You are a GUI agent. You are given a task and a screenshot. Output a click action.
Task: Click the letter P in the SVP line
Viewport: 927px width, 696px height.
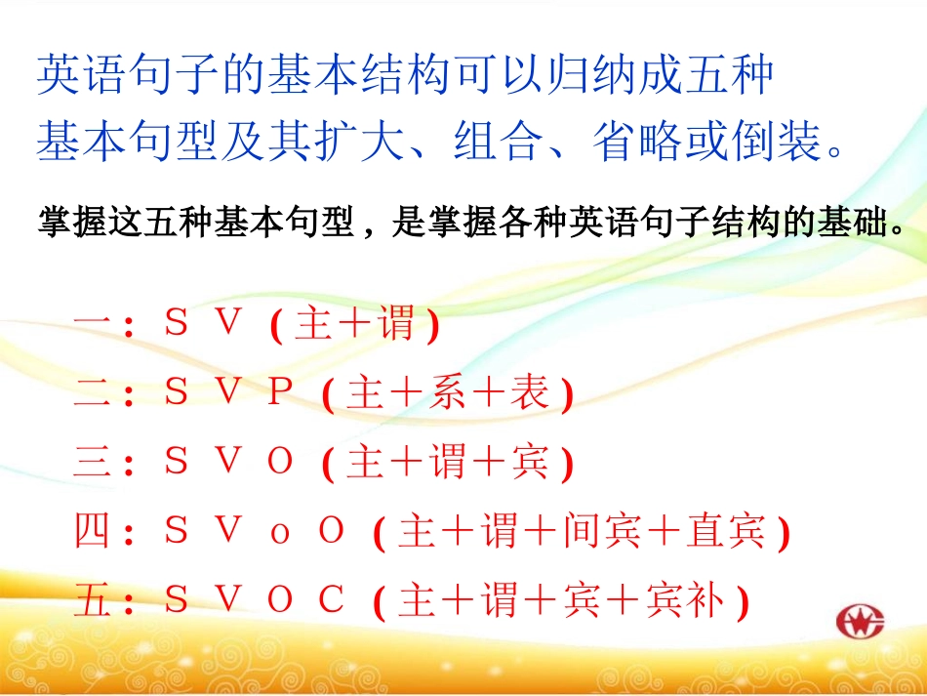(280, 392)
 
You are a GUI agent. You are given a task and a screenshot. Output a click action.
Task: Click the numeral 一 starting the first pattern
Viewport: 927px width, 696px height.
(95, 324)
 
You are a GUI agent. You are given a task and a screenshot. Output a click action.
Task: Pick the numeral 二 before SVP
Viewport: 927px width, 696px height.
(95, 393)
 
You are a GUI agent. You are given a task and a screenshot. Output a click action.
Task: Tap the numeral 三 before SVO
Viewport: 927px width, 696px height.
(95, 463)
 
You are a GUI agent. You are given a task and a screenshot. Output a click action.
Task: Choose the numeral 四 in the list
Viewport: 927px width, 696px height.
(95, 533)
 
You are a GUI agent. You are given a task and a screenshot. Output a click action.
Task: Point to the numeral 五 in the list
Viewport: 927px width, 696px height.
(95, 602)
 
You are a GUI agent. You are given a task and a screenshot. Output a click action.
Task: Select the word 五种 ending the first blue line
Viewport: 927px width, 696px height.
(735, 76)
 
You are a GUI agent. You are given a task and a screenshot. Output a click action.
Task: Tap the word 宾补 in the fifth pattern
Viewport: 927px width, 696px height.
(685, 602)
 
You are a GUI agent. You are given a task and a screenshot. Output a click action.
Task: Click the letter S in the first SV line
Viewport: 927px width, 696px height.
(177, 323)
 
